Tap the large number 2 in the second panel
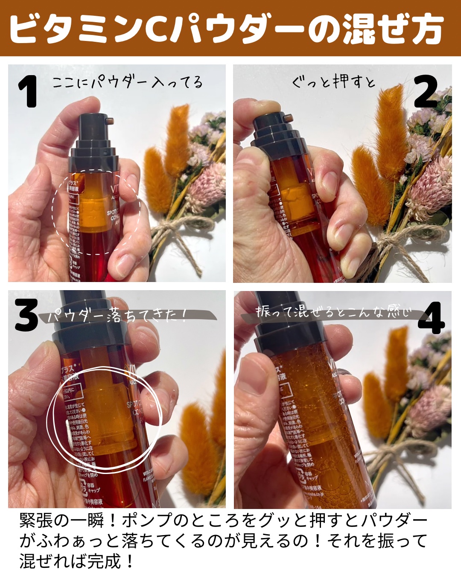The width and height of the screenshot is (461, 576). click(x=426, y=91)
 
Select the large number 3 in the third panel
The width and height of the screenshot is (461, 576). click(x=26, y=316)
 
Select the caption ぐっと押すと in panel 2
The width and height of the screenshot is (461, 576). click(x=333, y=81)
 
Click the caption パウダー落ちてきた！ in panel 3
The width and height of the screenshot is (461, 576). click(x=117, y=316)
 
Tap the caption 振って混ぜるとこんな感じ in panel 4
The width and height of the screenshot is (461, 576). click(x=333, y=312)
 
